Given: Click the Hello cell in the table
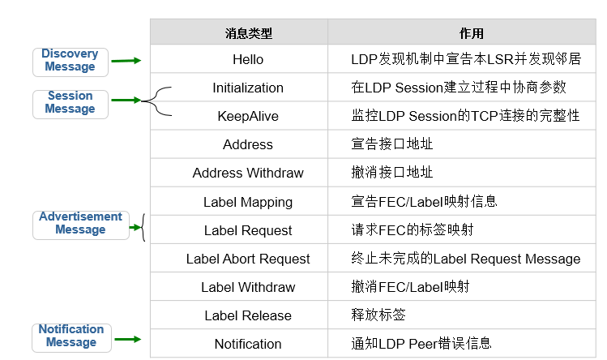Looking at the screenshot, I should tap(248, 59).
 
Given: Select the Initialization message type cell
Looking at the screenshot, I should tap(248, 88).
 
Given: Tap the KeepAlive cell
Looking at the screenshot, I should tap(248, 116).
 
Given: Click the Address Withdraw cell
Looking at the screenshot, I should tap(248, 173).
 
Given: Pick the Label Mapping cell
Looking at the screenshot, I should tap(248, 202).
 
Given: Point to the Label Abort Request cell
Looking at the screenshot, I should tap(248, 259).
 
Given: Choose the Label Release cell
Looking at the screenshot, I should tap(248, 315).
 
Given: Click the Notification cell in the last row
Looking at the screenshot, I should tap(248, 344).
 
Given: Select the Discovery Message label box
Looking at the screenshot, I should tap(70, 60).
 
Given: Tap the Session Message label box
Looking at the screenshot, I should tap(71, 102).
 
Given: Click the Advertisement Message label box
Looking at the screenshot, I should tap(80, 223).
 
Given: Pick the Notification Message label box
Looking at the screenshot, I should tap(71, 336).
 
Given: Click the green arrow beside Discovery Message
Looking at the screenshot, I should tap(126, 60).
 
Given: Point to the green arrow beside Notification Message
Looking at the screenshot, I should tap(126, 341).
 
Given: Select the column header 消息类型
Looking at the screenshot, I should tap(248, 33).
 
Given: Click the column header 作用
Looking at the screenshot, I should tap(471, 33).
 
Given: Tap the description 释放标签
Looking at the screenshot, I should tap(378, 315).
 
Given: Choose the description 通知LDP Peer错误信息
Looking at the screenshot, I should tap(421, 344).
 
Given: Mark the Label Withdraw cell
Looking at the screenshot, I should tap(248, 287).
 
